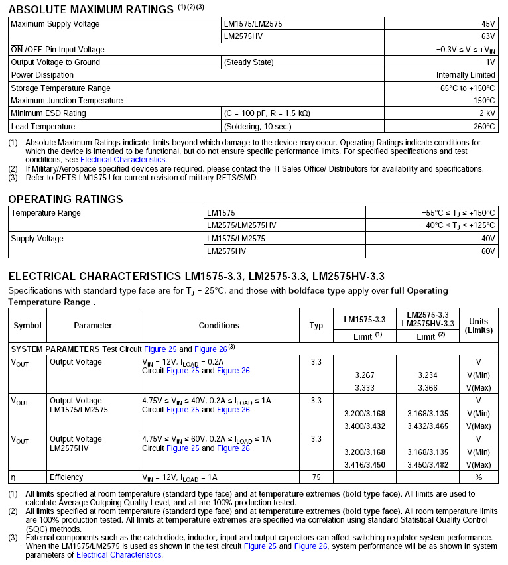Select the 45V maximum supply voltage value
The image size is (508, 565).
click(x=487, y=24)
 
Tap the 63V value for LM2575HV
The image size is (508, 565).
click(x=487, y=36)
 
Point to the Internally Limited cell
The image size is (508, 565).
click(x=466, y=75)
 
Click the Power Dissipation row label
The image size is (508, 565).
click(x=42, y=75)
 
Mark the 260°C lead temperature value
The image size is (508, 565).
click(x=483, y=126)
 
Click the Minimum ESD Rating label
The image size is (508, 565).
click(x=48, y=113)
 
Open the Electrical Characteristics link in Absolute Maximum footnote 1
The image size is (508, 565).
click(x=123, y=160)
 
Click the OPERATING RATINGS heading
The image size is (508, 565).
click(x=66, y=200)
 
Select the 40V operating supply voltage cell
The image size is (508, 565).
click(x=488, y=239)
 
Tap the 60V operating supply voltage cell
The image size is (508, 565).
click(x=488, y=251)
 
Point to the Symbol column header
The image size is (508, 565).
click(x=27, y=326)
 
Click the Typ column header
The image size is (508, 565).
click(x=316, y=326)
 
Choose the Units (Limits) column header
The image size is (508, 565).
click(x=478, y=326)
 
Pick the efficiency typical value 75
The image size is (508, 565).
click(x=316, y=477)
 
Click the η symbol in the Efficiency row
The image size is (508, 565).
click(x=13, y=477)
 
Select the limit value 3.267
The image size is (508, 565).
click(x=364, y=375)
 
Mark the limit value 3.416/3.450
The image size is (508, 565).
click(x=364, y=464)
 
